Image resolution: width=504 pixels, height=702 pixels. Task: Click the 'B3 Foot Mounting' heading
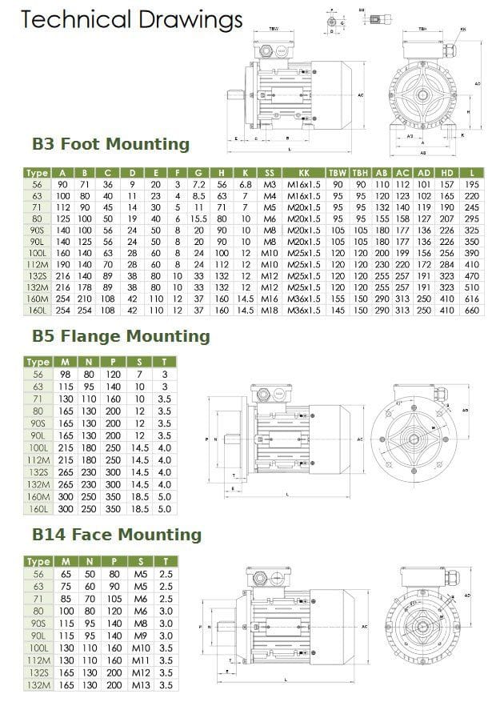pos(110,144)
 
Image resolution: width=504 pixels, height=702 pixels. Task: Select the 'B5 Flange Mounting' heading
pos(120,336)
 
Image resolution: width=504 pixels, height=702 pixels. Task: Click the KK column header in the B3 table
pos(304,173)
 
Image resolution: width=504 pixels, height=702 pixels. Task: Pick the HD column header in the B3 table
pos(446,173)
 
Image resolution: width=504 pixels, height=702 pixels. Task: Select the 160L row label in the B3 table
pos(37,310)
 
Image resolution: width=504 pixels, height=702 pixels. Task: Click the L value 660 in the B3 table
pos(472,310)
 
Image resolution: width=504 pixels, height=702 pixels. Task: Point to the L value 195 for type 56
pos(472,184)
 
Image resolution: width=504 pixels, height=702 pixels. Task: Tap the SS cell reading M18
pos(270,310)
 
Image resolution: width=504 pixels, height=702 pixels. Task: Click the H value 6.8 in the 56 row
pos(246,184)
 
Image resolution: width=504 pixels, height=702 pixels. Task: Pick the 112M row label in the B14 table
pos(37,663)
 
